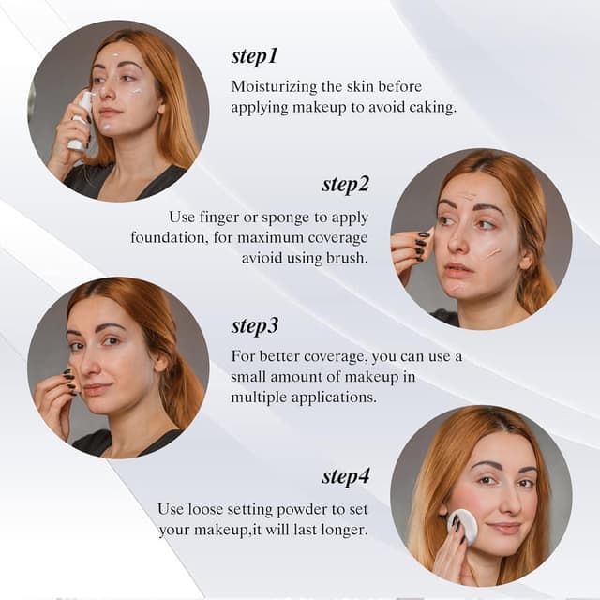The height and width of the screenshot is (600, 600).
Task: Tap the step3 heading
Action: pyautogui.click(x=255, y=326)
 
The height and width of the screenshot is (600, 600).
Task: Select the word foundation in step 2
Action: pyautogui.click(x=170, y=237)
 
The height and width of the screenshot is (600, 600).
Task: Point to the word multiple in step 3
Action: pyautogui.click(x=259, y=397)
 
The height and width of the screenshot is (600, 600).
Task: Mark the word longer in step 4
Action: pyautogui.click(x=342, y=530)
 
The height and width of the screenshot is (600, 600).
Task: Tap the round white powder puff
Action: pyautogui.click(x=461, y=526)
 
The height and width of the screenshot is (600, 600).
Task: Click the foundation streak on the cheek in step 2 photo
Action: pyautogui.click(x=490, y=254)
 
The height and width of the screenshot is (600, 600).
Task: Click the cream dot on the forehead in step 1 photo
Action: pyautogui.click(x=116, y=57)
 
